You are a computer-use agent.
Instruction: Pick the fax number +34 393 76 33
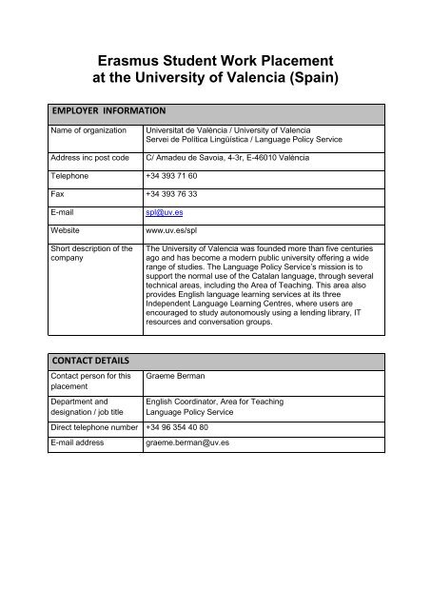tap(171, 191)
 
